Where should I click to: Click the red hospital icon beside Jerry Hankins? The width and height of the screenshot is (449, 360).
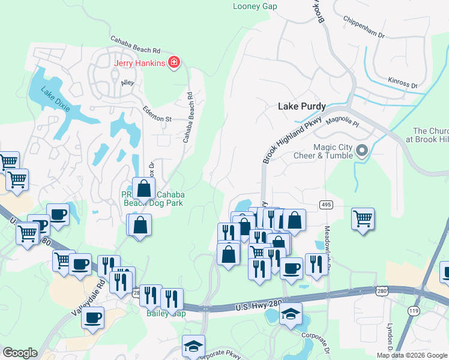click(174, 62)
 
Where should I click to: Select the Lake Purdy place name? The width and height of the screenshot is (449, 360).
click(301, 106)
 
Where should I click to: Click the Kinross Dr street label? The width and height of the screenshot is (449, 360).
click(402, 83)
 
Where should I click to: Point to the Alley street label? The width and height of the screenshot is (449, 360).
click(128, 83)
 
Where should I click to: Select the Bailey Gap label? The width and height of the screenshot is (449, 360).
click(164, 313)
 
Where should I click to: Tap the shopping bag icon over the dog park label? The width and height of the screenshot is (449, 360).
click(144, 188)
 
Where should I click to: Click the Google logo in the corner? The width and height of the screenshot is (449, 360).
click(20, 353)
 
